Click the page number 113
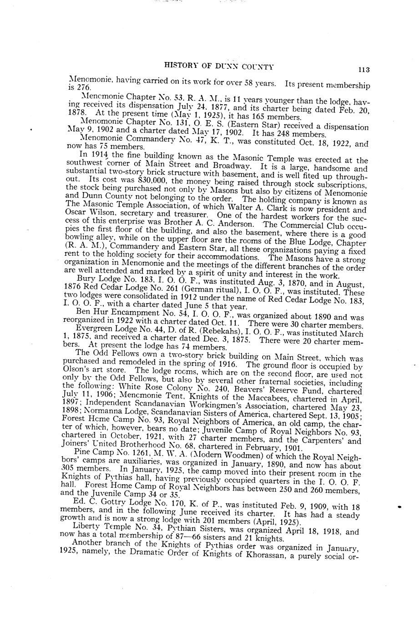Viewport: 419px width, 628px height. click(363, 70)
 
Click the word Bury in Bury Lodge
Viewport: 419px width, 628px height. click(85, 278)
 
